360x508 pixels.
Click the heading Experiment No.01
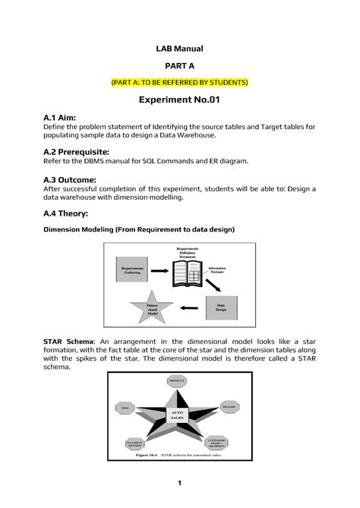click(x=179, y=100)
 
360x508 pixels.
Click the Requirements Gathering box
click(x=133, y=271)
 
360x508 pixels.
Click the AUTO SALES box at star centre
click(x=177, y=415)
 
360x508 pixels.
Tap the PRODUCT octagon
click(x=177, y=380)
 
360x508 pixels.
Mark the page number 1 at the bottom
click(x=179, y=484)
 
